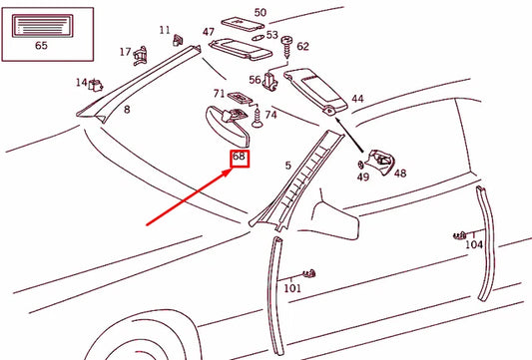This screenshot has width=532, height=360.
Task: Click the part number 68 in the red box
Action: pos(239,158)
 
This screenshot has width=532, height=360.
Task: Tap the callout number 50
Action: pos(261,13)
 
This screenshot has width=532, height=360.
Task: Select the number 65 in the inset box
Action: pos(41,46)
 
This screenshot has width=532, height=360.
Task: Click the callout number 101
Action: pos(292,289)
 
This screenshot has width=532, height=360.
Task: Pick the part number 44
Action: pos(357,100)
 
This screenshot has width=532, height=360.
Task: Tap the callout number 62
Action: pos(302,47)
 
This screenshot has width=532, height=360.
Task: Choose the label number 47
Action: pos(209,33)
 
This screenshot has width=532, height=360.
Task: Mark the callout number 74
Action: pos(270,116)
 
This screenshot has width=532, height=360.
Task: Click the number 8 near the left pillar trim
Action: pos(126,109)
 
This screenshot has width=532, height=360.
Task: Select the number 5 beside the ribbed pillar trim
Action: pos(288,166)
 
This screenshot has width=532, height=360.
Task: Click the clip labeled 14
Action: pos(98,86)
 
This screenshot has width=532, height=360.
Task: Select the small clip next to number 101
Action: pos(310,272)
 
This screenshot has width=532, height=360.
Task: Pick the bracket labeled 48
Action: pos(380,158)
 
